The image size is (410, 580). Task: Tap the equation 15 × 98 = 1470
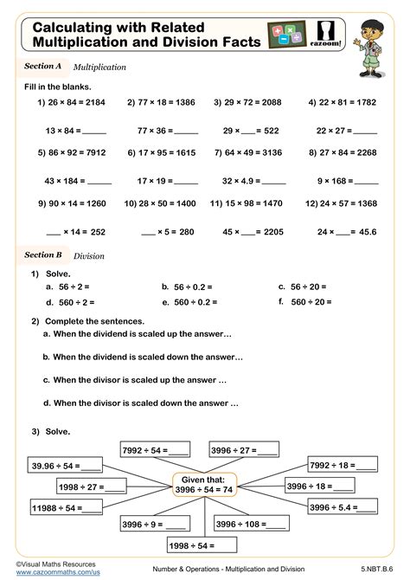252,203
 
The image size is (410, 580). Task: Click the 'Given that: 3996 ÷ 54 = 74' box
204,484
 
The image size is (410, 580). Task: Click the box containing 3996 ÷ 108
252,524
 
